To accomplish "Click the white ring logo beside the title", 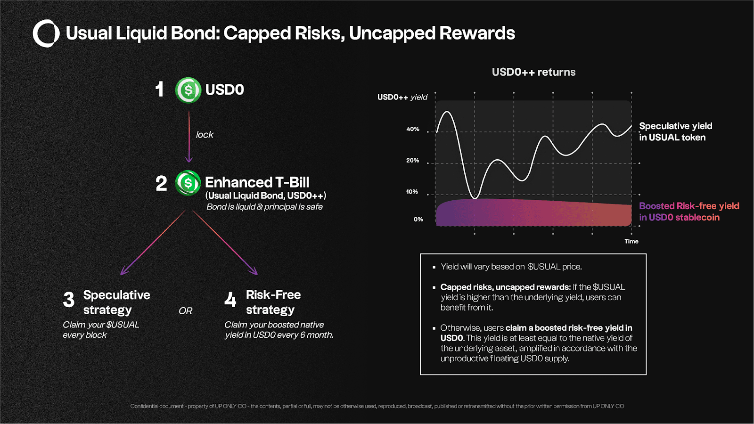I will point(46,33).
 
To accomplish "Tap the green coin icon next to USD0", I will point(188,90).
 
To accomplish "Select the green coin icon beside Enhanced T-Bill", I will point(188,183).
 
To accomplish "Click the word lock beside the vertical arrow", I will point(205,135).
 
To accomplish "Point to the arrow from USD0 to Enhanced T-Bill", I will point(189,137).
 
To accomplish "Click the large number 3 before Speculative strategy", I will point(69,300).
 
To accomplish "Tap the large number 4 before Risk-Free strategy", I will point(230,300).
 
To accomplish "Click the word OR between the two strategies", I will point(185,311).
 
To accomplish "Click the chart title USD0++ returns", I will point(533,72).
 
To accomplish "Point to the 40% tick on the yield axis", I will point(413,129).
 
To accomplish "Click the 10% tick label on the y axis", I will point(412,192).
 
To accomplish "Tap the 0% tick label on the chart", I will point(418,220).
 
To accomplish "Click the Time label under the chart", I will point(631,241).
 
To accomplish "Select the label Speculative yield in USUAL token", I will point(675,132).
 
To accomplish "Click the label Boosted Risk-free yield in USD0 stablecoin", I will point(688,212).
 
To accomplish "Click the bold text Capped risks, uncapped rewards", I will point(505,287).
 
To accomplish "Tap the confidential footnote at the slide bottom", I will point(377,406).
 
